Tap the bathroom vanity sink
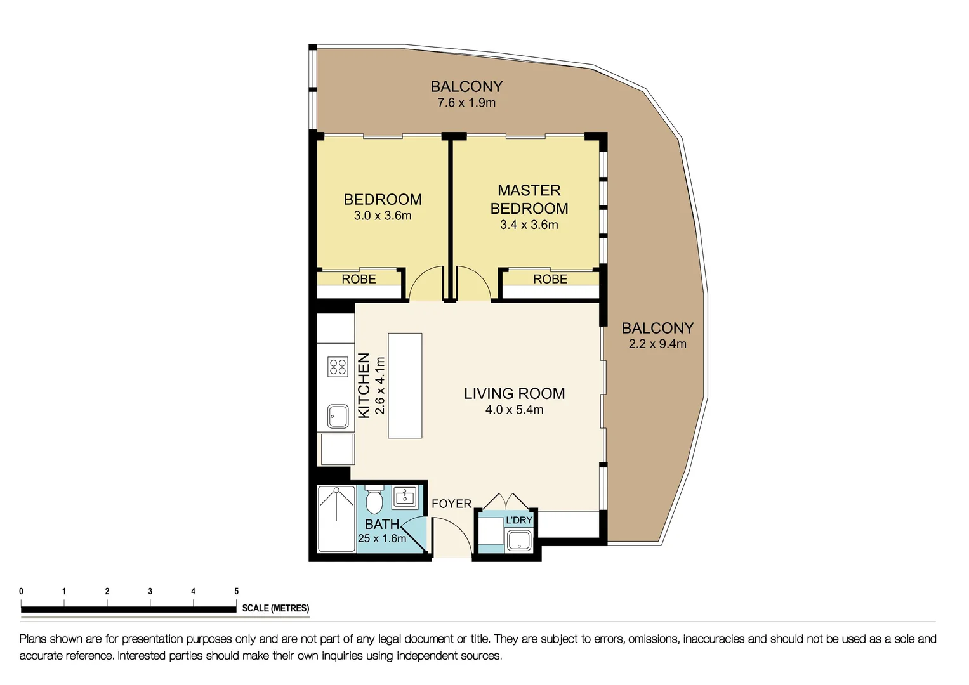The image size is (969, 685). pyautogui.click(x=405, y=496)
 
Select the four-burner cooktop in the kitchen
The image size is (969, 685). pyautogui.click(x=338, y=367)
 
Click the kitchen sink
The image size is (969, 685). pyautogui.click(x=338, y=417)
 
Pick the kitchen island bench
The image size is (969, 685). pyautogui.click(x=405, y=386)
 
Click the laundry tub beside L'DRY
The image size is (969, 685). pyautogui.click(x=519, y=540)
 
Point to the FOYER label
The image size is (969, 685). pyautogui.click(x=451, y=504)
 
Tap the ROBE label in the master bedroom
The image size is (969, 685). pyautogui.click(x=550, y=279)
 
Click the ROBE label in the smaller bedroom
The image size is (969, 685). pyautogui.click(x=359, y=279)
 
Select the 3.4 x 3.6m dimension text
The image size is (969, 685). pyautogui.click(x=529, y=225)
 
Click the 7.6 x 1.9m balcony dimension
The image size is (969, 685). pyautogui.click(x=466, y=103)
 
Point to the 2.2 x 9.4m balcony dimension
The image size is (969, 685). pyautogui.click(x=657, y=344)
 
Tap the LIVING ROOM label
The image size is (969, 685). pyautogui.click(x=514, y=393)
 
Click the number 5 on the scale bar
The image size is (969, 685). pyautogui.click(x=236, y=591)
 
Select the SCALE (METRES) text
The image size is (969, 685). pyautogui.click(x=275, y=608)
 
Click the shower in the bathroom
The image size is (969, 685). pyautogui.click(x=336, y=519)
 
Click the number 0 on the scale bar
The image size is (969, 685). pyautogui.click(x=22, y=591)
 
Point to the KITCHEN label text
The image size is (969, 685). pyautogui.click(x=364, y=386)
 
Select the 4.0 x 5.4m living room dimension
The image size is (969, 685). pyautogui.click(x=514, y=410)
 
